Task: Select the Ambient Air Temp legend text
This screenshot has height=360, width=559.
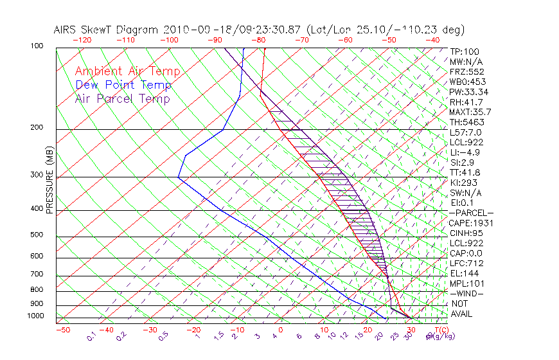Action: pos(127,71)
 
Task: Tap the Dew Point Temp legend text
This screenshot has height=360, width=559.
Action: pos(123,85)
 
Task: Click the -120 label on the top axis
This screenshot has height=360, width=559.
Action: pos(82,39)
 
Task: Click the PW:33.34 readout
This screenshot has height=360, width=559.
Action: pos(468,92)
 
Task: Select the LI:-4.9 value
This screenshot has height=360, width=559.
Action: pos(465,152)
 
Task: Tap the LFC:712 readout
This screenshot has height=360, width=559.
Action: pos(466,263)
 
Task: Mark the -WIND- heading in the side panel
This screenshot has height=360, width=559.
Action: pos(466,293)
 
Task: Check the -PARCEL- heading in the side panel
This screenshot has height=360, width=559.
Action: pos(471,213)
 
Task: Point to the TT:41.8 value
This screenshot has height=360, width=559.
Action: pos(464,172)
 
